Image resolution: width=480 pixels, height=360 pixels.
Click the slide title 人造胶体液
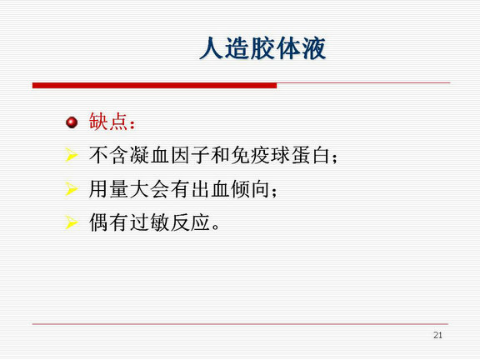click(x=262, y=48)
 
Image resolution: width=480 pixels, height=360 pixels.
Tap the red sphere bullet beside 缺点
click(x=72, y=122)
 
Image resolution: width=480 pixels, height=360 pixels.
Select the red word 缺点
click(x=108, y=122)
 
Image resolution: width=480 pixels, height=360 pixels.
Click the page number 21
click(x=437, y=335)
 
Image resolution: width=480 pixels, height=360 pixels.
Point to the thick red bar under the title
click(x=155, y=85)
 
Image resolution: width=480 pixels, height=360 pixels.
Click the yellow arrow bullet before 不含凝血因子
click(x=72, y=155)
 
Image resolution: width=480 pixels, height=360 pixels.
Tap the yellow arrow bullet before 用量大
click(x=72, y=188)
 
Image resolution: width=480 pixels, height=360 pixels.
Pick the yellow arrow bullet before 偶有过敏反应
click(x=72, y=222)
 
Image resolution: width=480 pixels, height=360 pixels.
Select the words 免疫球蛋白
click(x=280, y=155)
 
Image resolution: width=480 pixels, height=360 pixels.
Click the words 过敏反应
click(x=170, y=222)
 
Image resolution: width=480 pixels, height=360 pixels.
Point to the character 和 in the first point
click(x=220, y=155)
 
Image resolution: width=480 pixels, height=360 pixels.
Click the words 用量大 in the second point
click(x=118, y=189)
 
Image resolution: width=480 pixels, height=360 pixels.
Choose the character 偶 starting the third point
click(x=98, y=222)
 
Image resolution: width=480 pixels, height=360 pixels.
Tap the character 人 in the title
click(x=211, y=48)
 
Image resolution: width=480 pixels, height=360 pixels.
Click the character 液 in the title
click(x=314, y=48)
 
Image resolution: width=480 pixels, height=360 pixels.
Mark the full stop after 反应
click(x=216, y=227)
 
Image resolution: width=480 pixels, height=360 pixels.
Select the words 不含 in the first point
click(x=108, y=155)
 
